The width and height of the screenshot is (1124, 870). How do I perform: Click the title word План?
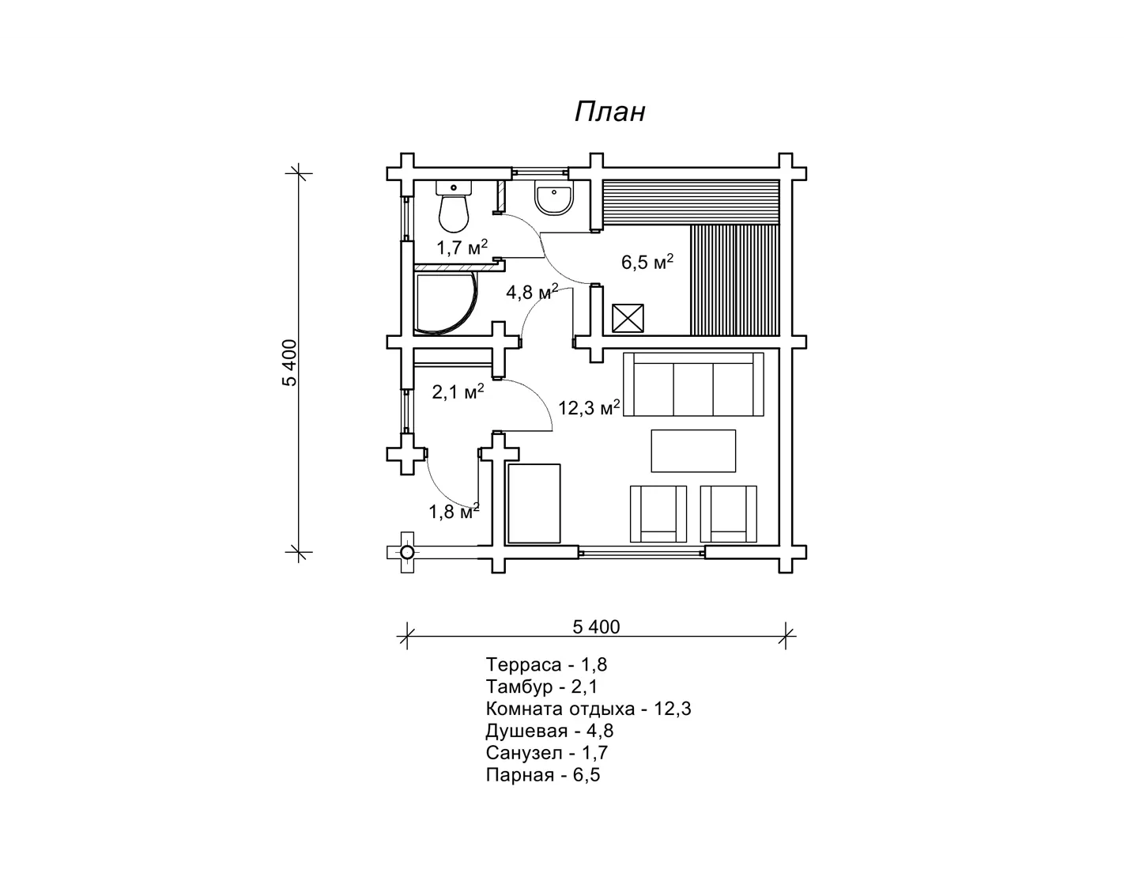pos(610,112)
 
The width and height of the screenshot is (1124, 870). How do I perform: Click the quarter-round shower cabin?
pos(446,303)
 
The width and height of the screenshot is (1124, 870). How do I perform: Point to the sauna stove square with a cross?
pos(628,318)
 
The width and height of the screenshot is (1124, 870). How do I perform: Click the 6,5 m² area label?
pos(647,261)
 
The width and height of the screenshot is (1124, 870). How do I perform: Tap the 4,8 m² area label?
pos(532,291)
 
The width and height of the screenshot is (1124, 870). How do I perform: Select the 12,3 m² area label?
pos(589,407)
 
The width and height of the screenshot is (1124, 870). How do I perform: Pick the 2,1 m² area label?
pos(458,391)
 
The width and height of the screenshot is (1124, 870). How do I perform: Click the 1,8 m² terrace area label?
pos(455,512)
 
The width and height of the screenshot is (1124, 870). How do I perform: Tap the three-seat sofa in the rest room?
pos(693,384)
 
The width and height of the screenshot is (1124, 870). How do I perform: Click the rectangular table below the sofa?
pos(693,450)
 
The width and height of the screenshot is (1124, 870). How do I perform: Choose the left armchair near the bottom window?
pos(658,513)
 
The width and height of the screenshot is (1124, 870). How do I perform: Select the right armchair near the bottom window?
pos(728,513)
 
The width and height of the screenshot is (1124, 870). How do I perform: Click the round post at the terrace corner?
pos(407,552)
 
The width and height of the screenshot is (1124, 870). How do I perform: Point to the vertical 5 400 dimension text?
pos(289,362)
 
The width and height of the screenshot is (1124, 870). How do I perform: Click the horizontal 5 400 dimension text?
pos(596,626)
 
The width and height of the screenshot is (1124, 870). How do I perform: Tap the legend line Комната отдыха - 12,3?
pos(588,708)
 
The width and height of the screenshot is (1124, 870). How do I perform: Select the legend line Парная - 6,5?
pos(542,775)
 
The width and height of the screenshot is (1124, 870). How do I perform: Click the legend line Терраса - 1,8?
pos(546,664)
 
